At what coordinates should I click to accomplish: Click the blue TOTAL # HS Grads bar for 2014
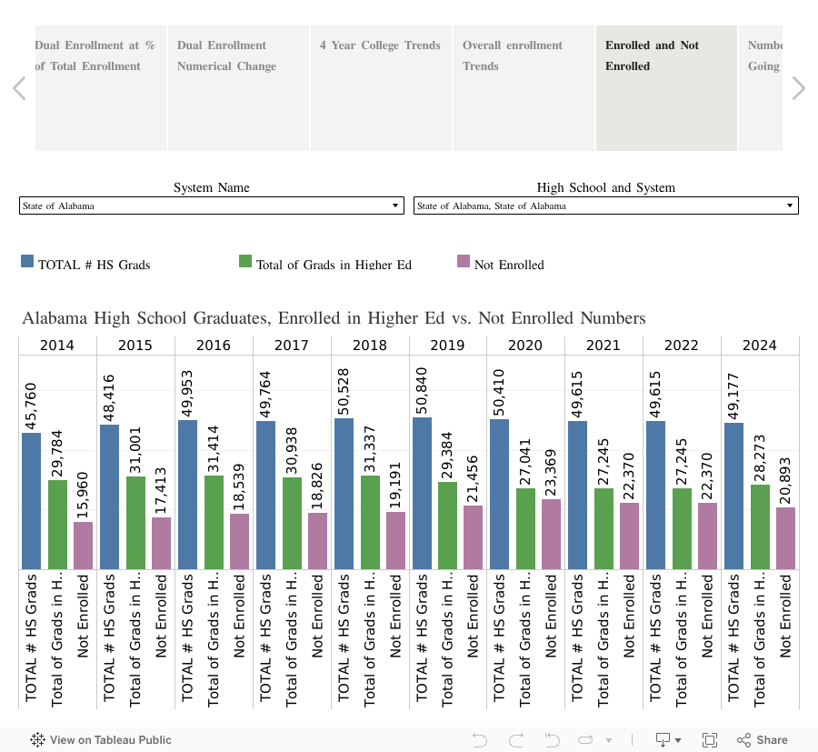pyautogui.click(x=31, y=501)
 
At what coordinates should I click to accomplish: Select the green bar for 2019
pyautogui.click(x=447, y=526)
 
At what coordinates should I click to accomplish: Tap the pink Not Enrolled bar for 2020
pyautogui.click(x=551, y=534)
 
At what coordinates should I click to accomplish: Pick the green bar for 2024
pyautogui.click(x=760, y=527)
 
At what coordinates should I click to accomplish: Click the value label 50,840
pyautogui.click(x=423, y=388)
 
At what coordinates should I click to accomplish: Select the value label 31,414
pyautogui.click(x=214, y=446)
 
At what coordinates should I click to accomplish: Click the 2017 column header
pyautogui.click(x=291, y=346)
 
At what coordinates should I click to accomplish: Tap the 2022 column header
pyautogui.click(x=682, y=346)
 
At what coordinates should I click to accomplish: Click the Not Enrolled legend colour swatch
pyautogui.click(x=464, y=262)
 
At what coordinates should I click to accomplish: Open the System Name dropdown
pyautogui.click(x=212, y=206)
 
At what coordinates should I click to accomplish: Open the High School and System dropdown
pyautogui.click(x=605, y=206)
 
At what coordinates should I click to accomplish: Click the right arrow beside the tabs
pyautogui.click(x=798, y=88)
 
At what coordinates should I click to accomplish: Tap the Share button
pyautogui.click(x=763, y=740)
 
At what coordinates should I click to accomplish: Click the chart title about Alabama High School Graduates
pyautogui.click(x=334, y=318)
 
